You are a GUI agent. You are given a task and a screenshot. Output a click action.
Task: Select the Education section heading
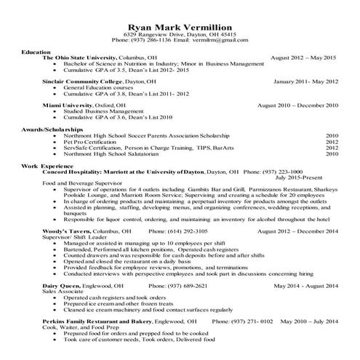coord(36,53)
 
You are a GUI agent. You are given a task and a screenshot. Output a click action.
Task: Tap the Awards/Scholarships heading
coord(52,129)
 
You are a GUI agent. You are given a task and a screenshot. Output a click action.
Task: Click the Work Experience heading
coord(48,166)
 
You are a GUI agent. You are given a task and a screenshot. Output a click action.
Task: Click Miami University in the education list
coord(69,105)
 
